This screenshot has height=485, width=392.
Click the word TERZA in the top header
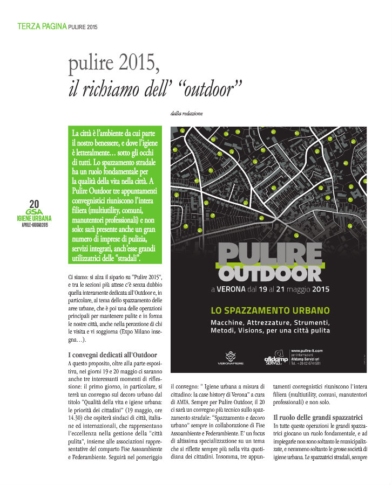(28, 25)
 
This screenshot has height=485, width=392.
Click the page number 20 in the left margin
(35, 204)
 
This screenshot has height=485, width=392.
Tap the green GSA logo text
(34, 212)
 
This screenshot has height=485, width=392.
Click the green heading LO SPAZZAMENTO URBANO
(269, 311)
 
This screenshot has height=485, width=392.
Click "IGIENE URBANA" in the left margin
(34, 219)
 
